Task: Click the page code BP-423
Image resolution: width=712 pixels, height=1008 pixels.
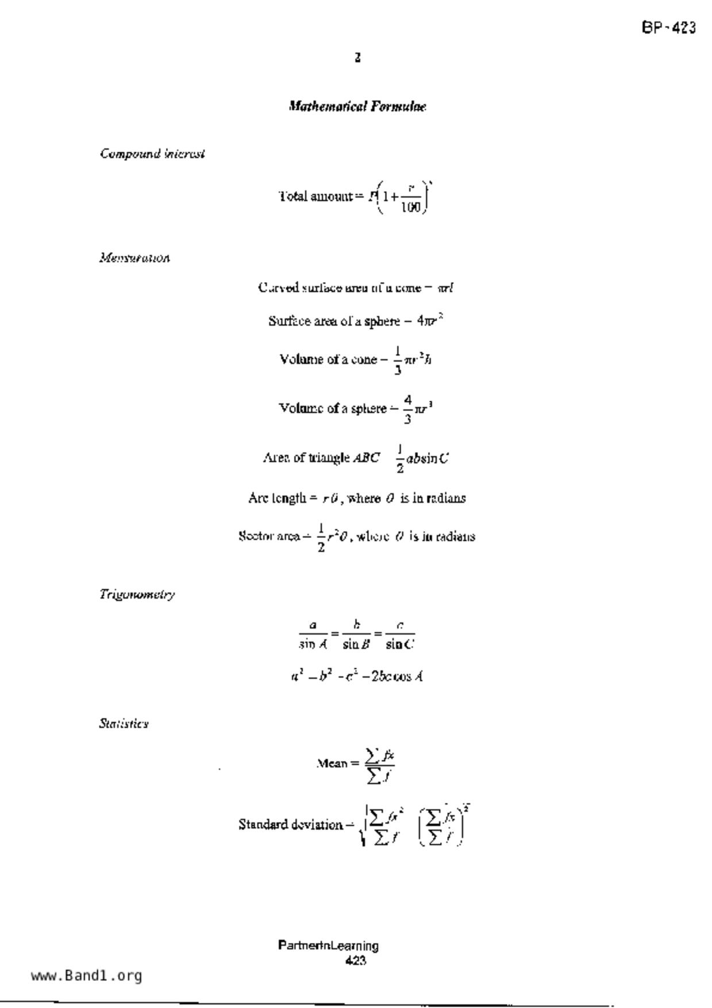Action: [668, 28]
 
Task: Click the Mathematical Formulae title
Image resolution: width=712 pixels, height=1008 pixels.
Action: [357, 106]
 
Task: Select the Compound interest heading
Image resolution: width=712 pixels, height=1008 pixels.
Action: [152, 154]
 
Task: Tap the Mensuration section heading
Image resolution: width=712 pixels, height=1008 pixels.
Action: [134, 258]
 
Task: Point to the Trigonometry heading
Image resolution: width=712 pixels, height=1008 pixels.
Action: [137, 594]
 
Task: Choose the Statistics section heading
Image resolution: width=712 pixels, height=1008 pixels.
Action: [124, 724]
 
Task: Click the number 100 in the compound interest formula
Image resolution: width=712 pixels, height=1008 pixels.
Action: [411, 207]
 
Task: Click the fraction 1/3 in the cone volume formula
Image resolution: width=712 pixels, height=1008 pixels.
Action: [398, 360]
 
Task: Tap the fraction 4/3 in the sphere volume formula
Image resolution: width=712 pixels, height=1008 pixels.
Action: [407, 409]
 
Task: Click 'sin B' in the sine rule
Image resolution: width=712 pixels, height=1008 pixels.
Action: [356, 645]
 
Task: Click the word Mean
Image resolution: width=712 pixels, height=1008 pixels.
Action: [332, 764]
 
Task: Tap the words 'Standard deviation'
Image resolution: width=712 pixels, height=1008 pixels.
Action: [290, 825]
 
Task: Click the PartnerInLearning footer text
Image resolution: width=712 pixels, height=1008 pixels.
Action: [328, 946]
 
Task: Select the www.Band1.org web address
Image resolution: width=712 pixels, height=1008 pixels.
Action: [87, 976]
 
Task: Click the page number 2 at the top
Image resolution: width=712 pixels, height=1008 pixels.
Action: [357, 57]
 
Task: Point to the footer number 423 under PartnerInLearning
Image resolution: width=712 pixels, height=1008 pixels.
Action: [356, 960]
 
